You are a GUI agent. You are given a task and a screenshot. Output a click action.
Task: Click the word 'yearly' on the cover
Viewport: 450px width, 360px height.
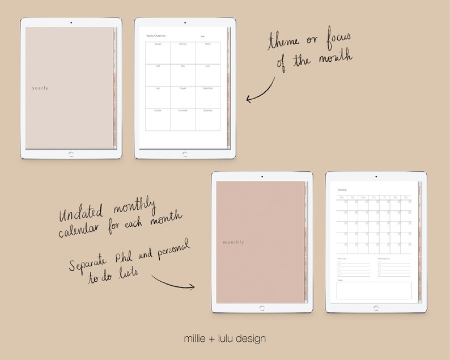point(40,88)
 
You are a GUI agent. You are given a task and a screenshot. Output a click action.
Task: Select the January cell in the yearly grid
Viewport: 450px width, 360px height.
point(158,53)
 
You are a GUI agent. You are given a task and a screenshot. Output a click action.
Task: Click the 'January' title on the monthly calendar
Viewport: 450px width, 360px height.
point(342,190)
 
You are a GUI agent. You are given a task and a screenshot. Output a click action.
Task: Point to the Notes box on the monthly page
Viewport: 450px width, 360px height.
point(374,290)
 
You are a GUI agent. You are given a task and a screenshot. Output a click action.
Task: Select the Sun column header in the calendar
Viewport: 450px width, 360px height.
point(406,197)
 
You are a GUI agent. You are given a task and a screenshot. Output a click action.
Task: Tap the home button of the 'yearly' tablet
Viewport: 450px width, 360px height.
point(71,154)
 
